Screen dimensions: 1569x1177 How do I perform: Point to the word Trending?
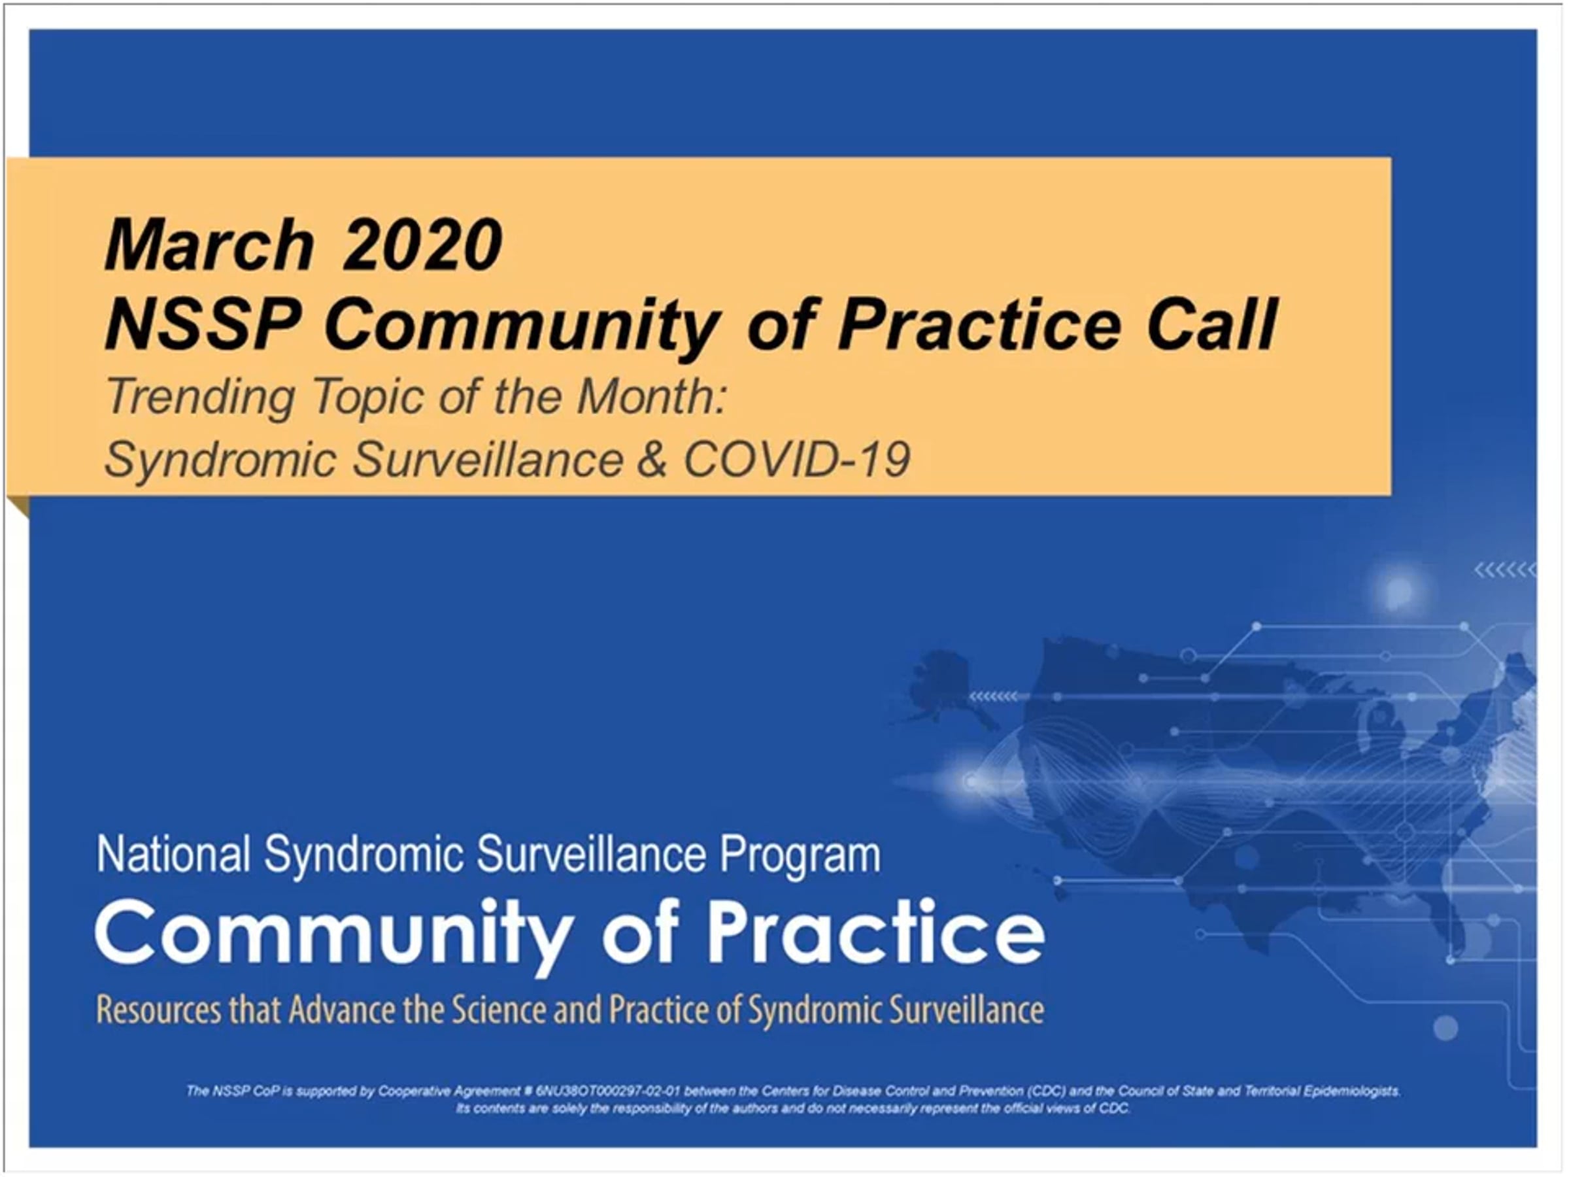(x=200, y=398)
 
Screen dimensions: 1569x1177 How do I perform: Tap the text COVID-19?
(x=796, y=459)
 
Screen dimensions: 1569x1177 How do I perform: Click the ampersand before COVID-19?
(x=652, y=460)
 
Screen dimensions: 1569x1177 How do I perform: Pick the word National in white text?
(x=174, y=854)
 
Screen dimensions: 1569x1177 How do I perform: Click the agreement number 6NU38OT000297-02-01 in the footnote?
(x=608, y=1091)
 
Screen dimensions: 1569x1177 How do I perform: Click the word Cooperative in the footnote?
(x=409, y=1091)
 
